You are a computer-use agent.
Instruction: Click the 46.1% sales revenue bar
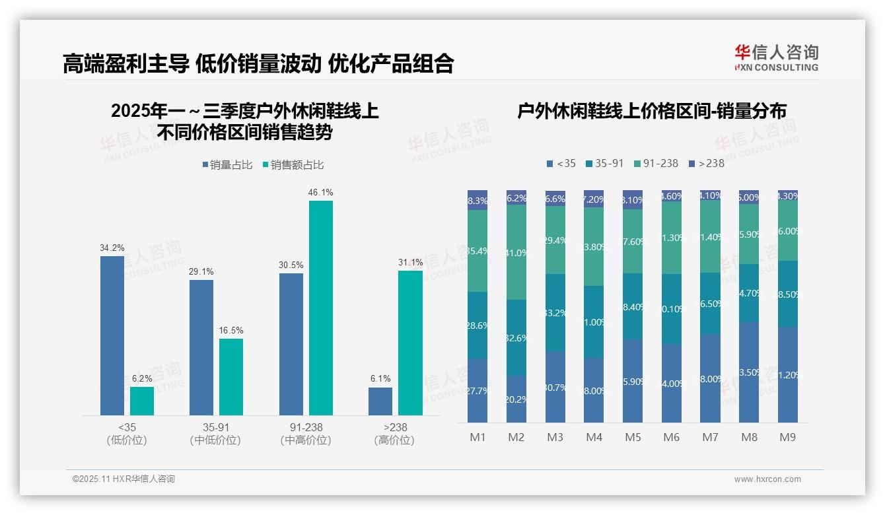coord(321,308)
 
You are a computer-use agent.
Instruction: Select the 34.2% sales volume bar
coord(112,335)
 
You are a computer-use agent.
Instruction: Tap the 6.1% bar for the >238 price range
coord(380,401)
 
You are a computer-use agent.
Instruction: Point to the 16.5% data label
coord(231,330)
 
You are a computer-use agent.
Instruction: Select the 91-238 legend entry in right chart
coord(655,163)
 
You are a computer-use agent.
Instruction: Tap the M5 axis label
coord(633,437)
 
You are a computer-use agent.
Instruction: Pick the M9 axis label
coord(788,437)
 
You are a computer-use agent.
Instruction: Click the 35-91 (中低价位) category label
coord(215,434)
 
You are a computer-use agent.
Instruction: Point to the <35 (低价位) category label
coord(127,434)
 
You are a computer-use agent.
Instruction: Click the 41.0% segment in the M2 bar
coord(516,252)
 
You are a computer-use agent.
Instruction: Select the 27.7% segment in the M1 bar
coord(478,390)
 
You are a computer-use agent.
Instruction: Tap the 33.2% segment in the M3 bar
coord(555,312)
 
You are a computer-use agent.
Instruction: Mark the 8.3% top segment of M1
coord(478,200)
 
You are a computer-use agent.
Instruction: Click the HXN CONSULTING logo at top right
coord(776,57)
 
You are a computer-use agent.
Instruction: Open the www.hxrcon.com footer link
coord(767,479)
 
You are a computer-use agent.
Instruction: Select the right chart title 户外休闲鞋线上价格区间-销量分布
coord(651,112)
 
